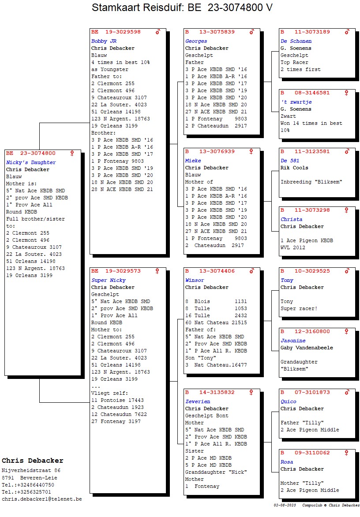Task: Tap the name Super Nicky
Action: click(108, 280)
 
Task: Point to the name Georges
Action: click(196, 41)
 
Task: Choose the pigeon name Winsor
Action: click(195, 280)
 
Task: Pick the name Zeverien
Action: click(198, 401)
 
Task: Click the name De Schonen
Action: click(296, 41)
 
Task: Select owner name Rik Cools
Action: click(294, 168)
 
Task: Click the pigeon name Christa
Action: click(291, 219)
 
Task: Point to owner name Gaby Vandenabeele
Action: click(307, 348)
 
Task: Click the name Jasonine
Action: click(293, 341)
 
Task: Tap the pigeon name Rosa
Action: click(287, 462)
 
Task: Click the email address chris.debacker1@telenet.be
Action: click(41, 498)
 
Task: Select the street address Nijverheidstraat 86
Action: click(31, 470)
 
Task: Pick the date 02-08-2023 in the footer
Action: click(285, 505)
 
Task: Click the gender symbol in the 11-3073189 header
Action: click(347, 32)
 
